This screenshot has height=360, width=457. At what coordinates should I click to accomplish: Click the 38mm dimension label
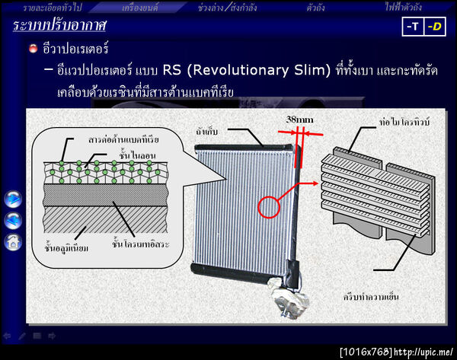(x=300, y=119)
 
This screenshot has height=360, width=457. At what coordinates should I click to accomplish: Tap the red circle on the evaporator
(x=270, y=207)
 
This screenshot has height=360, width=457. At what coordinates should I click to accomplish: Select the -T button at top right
(x=413, y=27)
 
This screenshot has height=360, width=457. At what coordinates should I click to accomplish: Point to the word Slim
(x=311, y=71)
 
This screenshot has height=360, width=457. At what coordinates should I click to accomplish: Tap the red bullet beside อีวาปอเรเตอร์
(x=33, y=49)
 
